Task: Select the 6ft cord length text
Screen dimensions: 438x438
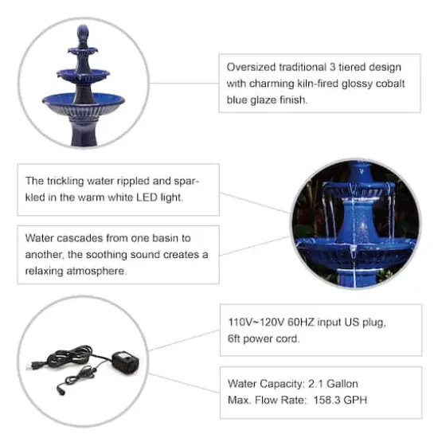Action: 235,338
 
